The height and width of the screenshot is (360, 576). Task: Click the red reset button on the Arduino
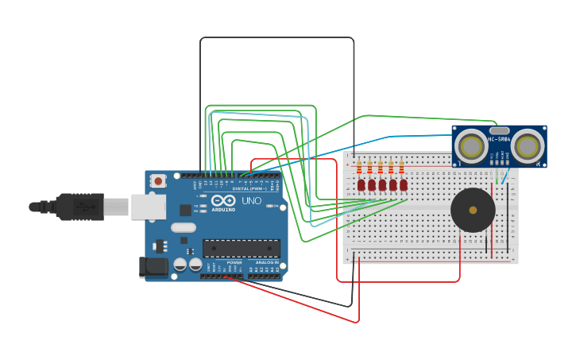coord(158,181)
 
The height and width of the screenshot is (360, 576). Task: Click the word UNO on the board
coord(251,201)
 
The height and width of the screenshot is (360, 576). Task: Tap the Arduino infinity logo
coord(223,199)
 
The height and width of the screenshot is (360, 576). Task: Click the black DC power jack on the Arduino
coord(153,267)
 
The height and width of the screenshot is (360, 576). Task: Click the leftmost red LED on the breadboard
coord(361,185)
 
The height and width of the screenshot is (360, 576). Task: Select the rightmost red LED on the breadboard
coord(404,185)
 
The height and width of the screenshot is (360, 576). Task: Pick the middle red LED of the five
coord(382,185)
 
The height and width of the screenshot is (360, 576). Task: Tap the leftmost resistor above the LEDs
coord(359,168)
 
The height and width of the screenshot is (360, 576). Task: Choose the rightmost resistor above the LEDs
coord(401,168)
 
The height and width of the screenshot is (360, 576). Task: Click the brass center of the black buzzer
coord(473,211)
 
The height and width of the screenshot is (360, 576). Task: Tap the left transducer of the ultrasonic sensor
coord(471,146)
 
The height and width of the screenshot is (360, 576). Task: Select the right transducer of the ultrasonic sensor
coord(528,146)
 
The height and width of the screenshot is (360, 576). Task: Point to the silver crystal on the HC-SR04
coord(499,130)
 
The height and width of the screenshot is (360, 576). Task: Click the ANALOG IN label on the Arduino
coord(267,262)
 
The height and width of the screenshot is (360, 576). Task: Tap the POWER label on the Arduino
coord(234,262)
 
